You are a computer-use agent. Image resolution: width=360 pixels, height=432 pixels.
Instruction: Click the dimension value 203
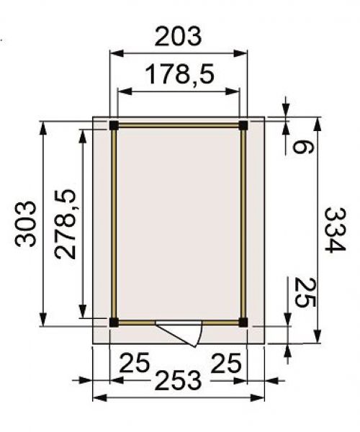click(x=179, y=36)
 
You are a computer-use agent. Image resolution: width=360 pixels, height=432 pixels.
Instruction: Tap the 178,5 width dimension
click(x=179, y=74)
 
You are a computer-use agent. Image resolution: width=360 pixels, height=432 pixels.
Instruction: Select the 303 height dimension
click(x=25, y=224)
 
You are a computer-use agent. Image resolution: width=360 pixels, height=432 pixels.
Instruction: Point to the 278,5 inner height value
click(x=65, y=224)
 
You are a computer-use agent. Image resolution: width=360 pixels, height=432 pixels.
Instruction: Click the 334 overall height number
click(x=334, y=230)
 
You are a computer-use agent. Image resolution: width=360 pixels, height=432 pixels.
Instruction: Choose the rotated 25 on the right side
click(x=305, y=292)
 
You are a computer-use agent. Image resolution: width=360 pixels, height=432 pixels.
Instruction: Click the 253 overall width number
click(x=179, y=381)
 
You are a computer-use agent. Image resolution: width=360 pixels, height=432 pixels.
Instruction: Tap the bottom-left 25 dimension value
click(x=135, y=363)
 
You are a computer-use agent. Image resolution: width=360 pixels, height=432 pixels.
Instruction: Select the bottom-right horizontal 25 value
click(x=226, y=364)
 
